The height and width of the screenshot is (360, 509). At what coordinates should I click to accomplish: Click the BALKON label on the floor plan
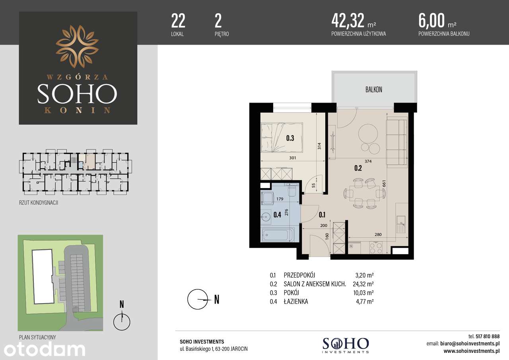coord(374,90)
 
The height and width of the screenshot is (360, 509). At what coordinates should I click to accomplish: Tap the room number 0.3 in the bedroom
coord(290,138)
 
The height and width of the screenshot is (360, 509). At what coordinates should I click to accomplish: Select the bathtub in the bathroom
coord(278,234)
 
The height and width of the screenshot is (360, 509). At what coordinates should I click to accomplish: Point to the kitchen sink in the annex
coord(401,224)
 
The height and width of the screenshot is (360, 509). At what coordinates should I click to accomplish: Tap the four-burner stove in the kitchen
coord(376,248)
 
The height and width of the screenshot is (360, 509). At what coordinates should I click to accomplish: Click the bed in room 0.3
coord(282,138)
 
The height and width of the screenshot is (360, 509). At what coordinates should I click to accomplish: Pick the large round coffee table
coord(368,133)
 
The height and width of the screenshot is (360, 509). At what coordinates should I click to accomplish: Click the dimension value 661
coord(384,184)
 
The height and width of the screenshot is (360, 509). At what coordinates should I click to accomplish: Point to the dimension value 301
coord(293,158)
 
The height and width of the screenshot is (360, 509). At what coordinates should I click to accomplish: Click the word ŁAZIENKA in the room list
coord(296,302)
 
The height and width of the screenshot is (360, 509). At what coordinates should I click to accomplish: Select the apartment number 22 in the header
coord(178,21)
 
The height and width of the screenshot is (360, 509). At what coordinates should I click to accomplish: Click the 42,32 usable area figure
coord(348,20)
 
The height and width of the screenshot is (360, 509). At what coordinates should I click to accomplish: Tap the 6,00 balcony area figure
coord(431,20)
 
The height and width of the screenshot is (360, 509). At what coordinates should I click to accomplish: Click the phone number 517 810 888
coord(488,337)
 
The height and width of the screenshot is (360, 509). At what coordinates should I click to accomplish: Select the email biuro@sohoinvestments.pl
coord(470,344)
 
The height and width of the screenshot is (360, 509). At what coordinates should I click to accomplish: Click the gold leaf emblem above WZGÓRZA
coord(77,47)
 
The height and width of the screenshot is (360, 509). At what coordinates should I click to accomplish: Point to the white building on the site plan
coord(43,276)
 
